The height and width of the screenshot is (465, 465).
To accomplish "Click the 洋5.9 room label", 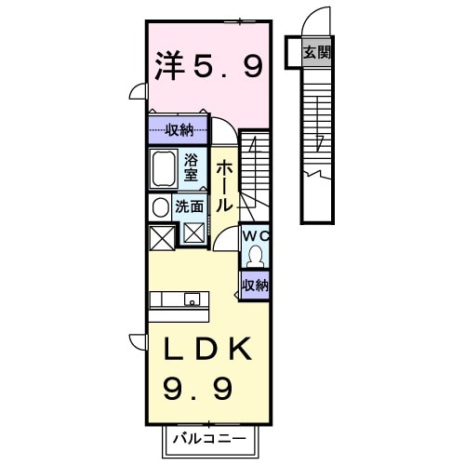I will click(x=206, y=65).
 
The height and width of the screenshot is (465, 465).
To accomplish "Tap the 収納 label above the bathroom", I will click(x=179, y=130).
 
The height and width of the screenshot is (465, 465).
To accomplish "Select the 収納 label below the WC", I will click(x=255, y=286).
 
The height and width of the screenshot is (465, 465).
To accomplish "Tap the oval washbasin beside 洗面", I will click(x=158, y=207).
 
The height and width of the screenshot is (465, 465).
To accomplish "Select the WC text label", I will click(x=254, y=236).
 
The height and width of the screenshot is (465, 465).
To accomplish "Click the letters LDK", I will click(x=207, y=350).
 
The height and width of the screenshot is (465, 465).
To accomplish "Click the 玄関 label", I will click(x=316, y=53).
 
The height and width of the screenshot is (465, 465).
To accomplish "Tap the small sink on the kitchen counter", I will click(x=191, y=299).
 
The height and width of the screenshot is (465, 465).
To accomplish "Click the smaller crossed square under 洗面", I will click(x=194, y=232).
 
